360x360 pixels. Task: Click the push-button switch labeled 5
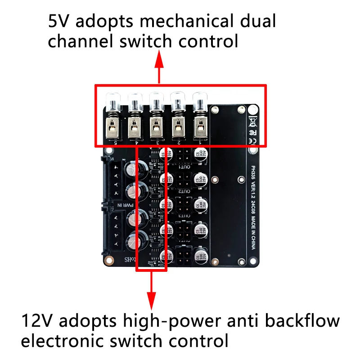(x=112, y=121)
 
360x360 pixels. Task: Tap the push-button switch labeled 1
(x=199, y=121)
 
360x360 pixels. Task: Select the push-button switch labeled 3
(x=156, y=121)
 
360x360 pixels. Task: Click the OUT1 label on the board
(x=184, y=167)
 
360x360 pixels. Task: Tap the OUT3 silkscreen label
(x=184, y=216)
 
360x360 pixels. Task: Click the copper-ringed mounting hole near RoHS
(x=108, y=260)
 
